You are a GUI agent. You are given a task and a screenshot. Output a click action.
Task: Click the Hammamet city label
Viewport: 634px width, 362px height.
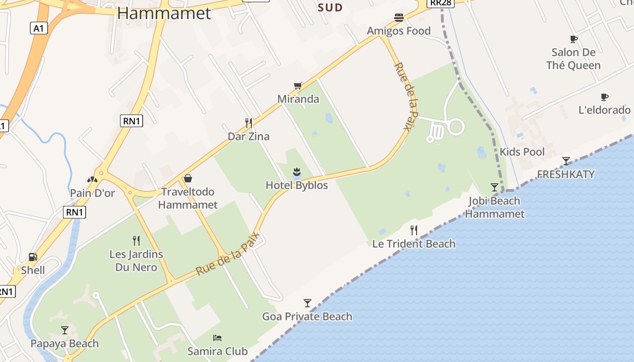pyautogui.click(x=164, y=13)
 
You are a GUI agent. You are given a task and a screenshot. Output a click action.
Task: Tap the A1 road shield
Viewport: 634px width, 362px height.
pyautogui.click(x=38, y=29)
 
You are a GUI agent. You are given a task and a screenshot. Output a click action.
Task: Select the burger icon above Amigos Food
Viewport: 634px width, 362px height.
pyautogui.click(x=399, y=18)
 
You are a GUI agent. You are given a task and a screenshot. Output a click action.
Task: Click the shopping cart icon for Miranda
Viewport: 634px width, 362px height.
pyautogui.click(x=298, y=86)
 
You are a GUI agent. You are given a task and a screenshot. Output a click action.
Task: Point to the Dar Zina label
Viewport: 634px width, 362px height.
pyautogui.click(x=248, y=136)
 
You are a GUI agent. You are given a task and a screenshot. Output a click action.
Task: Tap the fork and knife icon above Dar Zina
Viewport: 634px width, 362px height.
pyautogui.click(x=248, y=123)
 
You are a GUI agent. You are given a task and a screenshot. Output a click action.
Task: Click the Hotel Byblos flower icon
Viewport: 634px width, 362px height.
pyautogui.click(x=297, y=171)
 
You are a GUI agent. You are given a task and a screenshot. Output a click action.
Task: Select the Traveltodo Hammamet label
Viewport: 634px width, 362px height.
pyautogui.click(x=188, y=198)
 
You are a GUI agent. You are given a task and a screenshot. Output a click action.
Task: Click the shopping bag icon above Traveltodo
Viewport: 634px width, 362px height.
pyautogui.click(x=188, y=178)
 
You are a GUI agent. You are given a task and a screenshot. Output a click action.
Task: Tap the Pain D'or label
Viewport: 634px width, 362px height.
pyautogui.click(x=92, y=193)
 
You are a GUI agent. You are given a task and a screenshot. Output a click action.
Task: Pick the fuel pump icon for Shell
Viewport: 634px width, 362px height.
pyautogui.click(x=33, y=257)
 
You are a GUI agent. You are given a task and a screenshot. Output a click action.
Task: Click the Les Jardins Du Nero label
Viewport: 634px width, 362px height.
pyautogui.click(x=136, y=261)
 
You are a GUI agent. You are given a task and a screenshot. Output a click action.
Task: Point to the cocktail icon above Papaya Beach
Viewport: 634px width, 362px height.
pyautogui.click(x=65, y=330)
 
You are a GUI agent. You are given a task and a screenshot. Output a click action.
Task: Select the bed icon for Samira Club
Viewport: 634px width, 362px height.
pyautogui.click(x=217, y=338)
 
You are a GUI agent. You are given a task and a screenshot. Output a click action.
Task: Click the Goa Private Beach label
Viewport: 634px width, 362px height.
pyautogui.click(x=307, y=316)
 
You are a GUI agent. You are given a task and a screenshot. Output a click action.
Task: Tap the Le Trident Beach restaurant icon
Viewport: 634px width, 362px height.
pyautogui.click(x=414, y=230)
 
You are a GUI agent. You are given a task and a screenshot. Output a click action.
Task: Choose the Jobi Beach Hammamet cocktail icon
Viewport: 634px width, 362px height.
pyautogui.click(x=495, y=187)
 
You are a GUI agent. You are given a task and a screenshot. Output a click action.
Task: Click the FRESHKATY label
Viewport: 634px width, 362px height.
pyautogui.click(x=566, y=174)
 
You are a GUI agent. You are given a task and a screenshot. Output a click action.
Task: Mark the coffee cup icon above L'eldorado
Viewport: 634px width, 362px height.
pyautogui.click(x=604, y=97)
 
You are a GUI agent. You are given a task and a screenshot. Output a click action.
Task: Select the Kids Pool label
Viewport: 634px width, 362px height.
pyautogui.click(x=522, y=152)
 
